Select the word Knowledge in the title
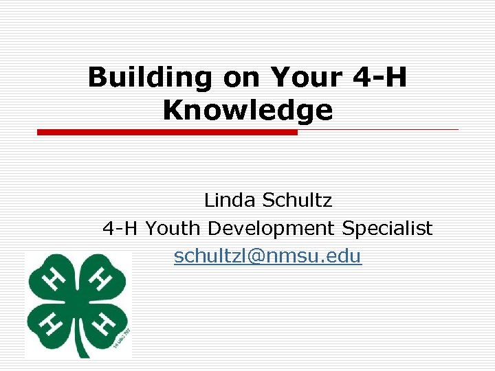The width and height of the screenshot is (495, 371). pyautogui.click(x=247, y=109)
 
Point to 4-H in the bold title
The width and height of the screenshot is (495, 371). pyautogui.click(x=379, y=78)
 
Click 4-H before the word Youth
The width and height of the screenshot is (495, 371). pyautogui.click(x=121, y=228)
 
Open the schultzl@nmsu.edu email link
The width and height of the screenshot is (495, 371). pyautogui.click(x=267, y=256)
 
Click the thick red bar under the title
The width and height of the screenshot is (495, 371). pyautogui.click(x=167, y=132)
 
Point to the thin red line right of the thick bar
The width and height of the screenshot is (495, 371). pyautogui.click(x=378, y=129)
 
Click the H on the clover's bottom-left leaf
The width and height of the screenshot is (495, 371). pyautogui.click(x=52, y=322)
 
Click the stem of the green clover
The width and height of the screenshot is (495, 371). pyautogui.click(x=82, y=347)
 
